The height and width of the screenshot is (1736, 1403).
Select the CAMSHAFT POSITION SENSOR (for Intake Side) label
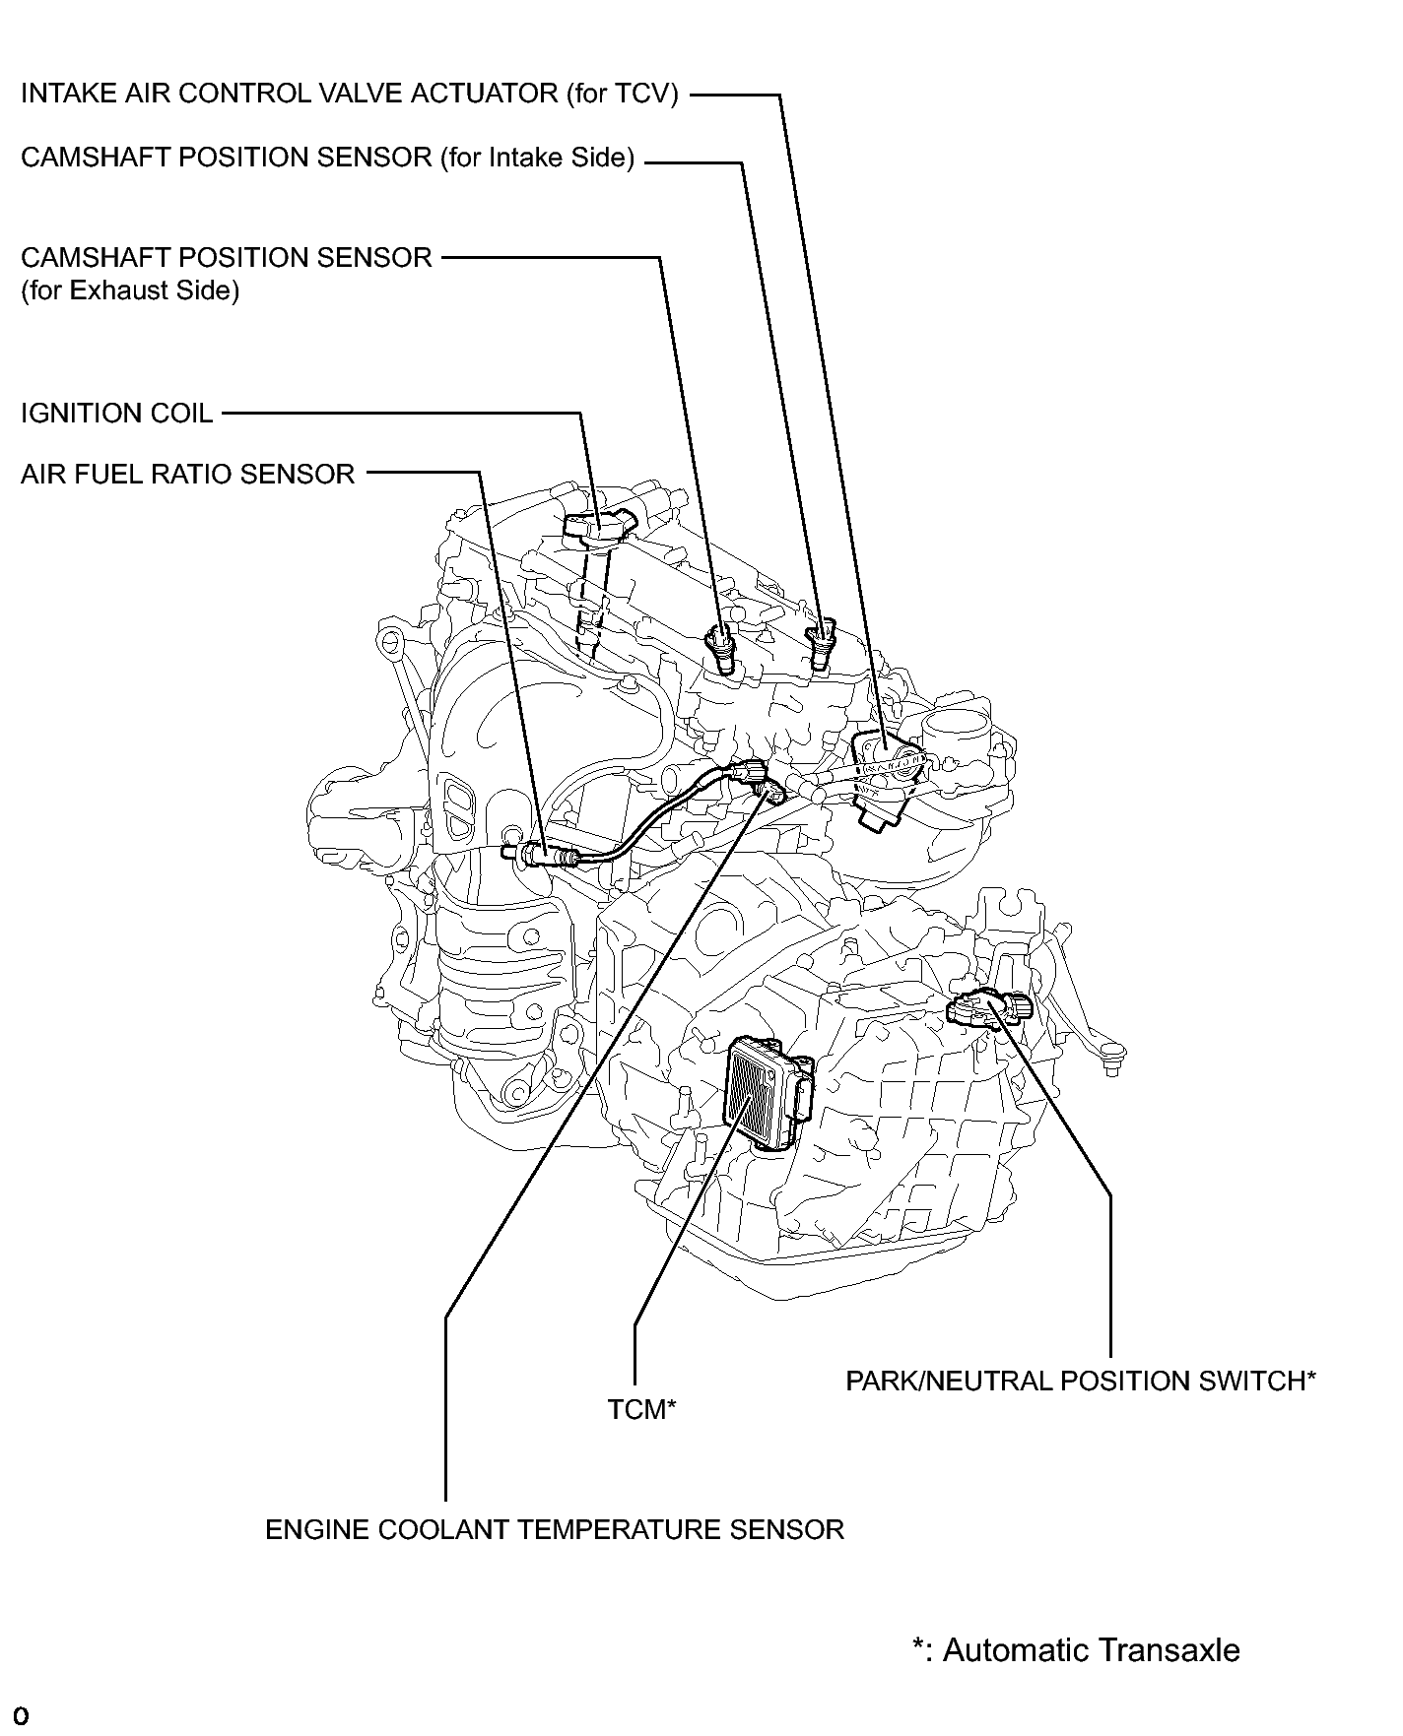(327, 158)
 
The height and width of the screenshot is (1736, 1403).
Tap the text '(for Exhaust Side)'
(130, 291)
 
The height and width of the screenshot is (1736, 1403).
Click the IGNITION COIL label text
(116, 414)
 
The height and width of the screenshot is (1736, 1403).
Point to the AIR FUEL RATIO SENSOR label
(187, 475)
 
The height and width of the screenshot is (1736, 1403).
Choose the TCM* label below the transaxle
(641, 1410)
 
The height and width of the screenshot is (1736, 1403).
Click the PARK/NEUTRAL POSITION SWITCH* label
(1081, 1381)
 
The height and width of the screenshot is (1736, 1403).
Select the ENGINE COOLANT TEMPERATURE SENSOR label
(555, 1529)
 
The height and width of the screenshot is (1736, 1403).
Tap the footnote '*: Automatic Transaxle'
(1076, 1649)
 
